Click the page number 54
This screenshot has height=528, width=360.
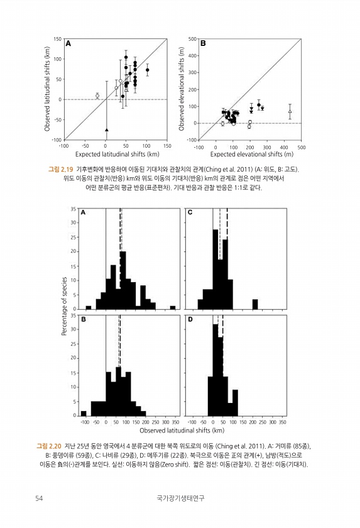pos(39,498)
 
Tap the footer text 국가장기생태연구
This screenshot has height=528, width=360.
pos(180,498)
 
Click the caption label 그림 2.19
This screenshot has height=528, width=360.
pos(60,169)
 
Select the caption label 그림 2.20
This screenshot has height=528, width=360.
pos(49,446)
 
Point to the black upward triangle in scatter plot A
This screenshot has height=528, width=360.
pos(107,129)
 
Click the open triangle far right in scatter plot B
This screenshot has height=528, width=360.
pos(290,111)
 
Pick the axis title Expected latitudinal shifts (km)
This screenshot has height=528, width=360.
pos(117,154)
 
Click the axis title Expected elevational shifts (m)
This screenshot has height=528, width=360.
pos(252,154)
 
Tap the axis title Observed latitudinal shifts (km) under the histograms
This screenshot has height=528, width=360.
pos(182,431)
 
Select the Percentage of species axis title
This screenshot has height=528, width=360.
pos(64,307)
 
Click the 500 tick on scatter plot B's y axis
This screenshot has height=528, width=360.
pos(192,39)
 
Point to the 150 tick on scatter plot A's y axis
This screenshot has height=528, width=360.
pos(58,39)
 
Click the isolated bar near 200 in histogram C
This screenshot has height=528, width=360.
pos(255,304)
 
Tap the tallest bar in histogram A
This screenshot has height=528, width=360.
pos(123,280)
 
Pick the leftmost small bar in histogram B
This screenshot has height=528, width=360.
pos(84,413)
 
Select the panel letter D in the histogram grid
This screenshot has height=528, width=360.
pos(190,319)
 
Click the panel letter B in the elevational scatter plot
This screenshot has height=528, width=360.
pos(203,43)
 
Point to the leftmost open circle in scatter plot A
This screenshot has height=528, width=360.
pos(97,96)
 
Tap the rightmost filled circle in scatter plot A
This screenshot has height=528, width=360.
pos(148,70)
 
